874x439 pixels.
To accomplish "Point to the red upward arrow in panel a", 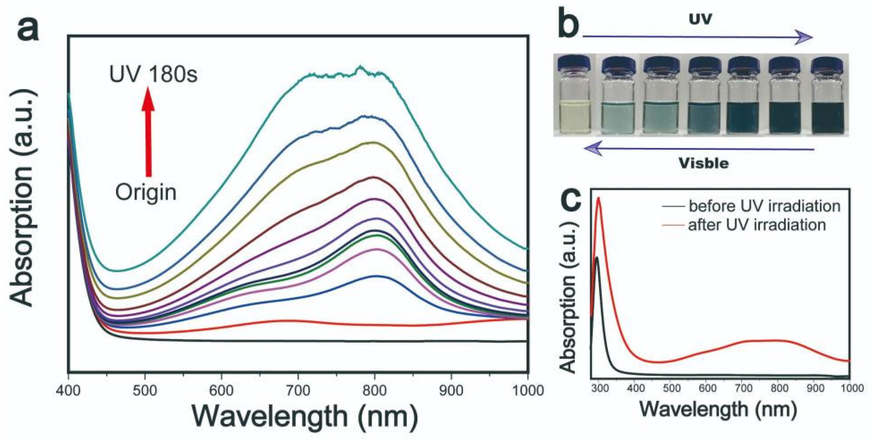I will (148, 132).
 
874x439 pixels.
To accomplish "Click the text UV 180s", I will (153, 74).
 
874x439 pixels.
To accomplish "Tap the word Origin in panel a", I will (146, 192).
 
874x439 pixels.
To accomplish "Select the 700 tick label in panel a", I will (298, 391).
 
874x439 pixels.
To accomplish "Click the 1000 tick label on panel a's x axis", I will (528, 391).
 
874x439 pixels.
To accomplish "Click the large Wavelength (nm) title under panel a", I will (305, 416).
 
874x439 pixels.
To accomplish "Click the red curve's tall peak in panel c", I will (598, 200).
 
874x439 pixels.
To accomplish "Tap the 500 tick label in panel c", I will (671, 388).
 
